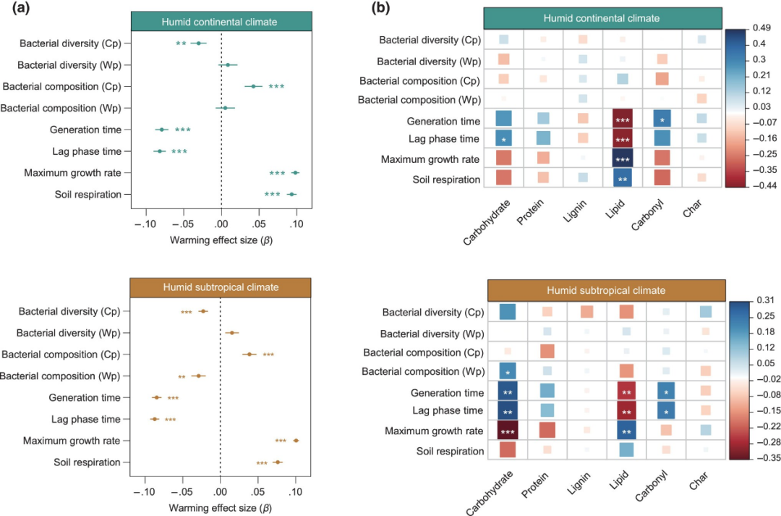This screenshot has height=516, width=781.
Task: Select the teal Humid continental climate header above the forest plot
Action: pyautogui.click(x=221, y=22)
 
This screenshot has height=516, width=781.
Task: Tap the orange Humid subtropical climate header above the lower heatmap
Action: pyautogui.click(x=606, y=290)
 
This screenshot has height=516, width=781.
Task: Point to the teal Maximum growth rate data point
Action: pyautogui.click(x=295, y=173)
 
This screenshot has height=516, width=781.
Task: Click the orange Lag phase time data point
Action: pyautogui.click(x=154, y=419)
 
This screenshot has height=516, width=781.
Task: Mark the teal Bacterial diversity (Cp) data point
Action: pyautogui.click(x=198, y=43)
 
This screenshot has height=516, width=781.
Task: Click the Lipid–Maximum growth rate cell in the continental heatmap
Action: pyautogui.click(x=623, y=157)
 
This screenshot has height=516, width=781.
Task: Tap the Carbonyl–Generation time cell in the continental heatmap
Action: pyautogui.click(x=662, y=119)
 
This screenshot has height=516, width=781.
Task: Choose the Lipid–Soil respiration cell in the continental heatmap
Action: pyautogui.click(x=623, y=177)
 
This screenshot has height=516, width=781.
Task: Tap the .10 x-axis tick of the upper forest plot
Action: pyautogui.click(x=294, y=225)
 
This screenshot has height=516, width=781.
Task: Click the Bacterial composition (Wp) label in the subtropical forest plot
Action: pyautogui.click(x=61, y=376)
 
